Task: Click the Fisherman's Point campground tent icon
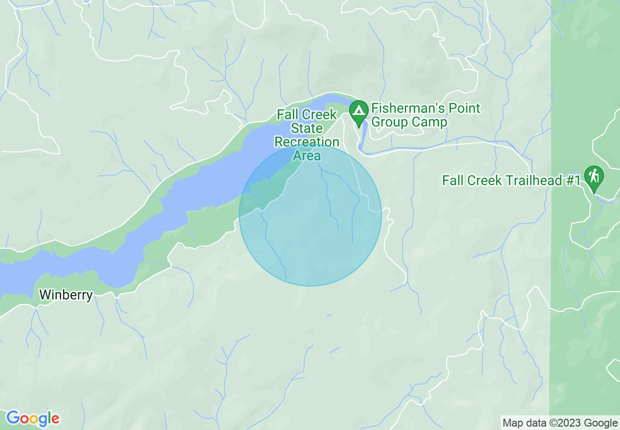(x=359, y=110)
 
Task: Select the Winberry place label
(x=66, y=295)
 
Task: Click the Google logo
(x=33, y=418)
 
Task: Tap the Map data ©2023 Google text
(x=560, y=423)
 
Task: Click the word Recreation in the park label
(x=307, y=142)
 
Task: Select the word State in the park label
(x=307, y=129)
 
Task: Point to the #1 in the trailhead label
(x=574, y=180)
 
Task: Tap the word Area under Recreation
(x=307, y=155)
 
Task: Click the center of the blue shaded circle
(x=310, y=215)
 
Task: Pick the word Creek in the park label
(x=318, y=115)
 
